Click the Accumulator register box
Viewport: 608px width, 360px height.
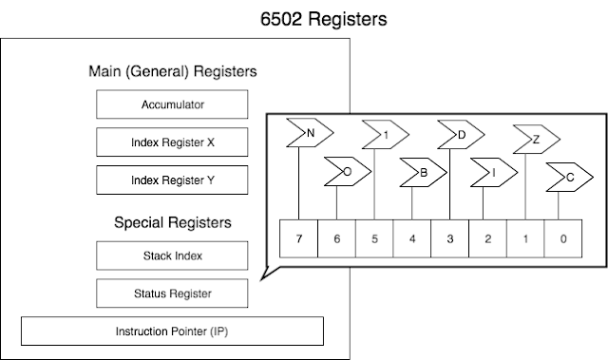(172, 104)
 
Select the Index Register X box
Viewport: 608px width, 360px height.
(172, 142)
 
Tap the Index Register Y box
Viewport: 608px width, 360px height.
(172, 180)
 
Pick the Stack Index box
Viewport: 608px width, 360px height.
(172, 256)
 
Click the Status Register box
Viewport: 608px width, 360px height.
(172, 293)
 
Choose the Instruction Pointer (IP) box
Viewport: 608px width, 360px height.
(172, 331)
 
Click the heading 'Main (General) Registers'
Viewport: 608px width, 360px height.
(172, 71)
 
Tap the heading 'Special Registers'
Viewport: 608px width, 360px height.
(172, 223)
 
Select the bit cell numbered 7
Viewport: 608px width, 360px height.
(298, 238)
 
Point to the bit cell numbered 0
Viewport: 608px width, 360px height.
(563, 238)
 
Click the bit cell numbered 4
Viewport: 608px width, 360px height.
(412, 238)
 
